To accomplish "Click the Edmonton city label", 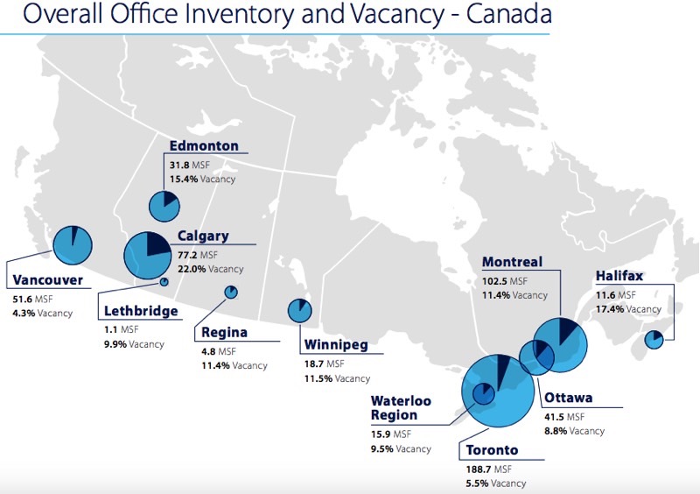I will click(x=203, y=145).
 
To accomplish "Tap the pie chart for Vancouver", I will click(x=73, y=244).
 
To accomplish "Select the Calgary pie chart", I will click(x=147, y=254).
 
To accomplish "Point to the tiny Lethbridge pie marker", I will click(x=164, y=282).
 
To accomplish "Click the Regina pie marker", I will click(x=231, y=292).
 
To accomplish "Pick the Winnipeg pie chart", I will click(x=300, y=310).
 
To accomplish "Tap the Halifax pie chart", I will click(x=654, y=340).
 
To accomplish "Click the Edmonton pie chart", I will click(x=164, y=206).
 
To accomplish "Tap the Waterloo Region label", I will click(x=401, y=407).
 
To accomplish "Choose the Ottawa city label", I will click(x=569, y=399).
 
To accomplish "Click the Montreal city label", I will click(x=512, y=262).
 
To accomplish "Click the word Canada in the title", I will click(x=507, y=16).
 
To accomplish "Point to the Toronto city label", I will click(x=492, y=451).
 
